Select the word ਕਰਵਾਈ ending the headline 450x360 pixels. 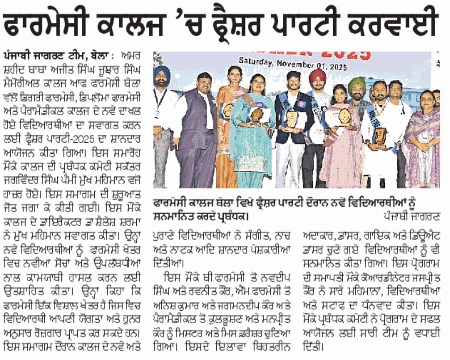400,24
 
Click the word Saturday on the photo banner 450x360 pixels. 258,61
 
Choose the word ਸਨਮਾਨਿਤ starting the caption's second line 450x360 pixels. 174,216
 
